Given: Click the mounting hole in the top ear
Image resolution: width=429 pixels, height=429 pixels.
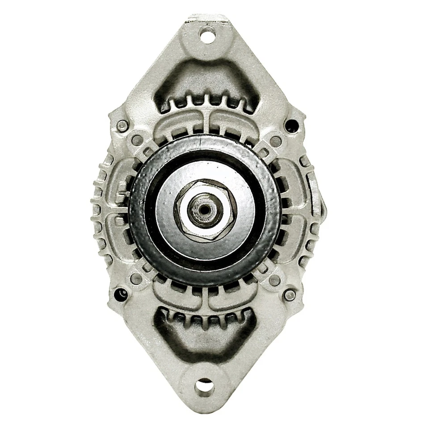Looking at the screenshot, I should (206, 35).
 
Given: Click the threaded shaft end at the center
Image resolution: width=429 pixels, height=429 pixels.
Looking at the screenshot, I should (205, 209).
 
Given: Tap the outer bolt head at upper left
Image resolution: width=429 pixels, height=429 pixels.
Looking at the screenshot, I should (121, 126).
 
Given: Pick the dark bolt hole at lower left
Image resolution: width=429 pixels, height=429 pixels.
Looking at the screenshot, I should (120, 294).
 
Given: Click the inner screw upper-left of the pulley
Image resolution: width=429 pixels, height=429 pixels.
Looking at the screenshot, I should (138, 140).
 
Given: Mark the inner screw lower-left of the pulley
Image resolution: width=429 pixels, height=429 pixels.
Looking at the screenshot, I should (136, 279).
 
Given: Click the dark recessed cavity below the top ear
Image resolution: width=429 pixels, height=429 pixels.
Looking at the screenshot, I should (206, 83).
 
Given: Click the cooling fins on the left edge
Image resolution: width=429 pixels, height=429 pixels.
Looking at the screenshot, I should (99, 210).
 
